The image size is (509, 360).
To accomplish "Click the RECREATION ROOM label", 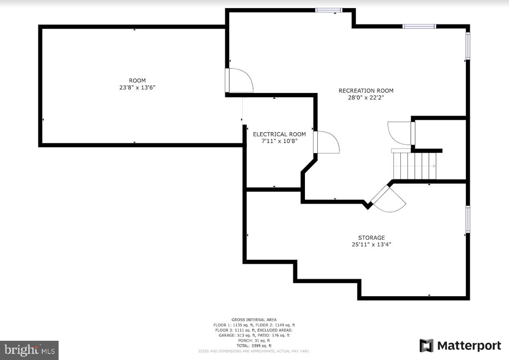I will click(366, 91).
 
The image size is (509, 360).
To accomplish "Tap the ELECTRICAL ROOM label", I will click(279, 134).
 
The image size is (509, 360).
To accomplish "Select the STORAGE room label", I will click(371, 238).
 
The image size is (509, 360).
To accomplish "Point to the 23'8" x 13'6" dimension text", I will click(137, 87).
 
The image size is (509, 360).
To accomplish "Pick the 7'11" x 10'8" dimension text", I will click(279, 141).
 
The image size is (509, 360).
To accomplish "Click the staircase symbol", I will click(414, 165).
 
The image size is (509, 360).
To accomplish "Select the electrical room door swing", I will click(327, 142).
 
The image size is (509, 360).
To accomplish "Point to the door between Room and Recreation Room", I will click(240, 81).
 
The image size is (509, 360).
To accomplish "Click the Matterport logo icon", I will click(426, 346).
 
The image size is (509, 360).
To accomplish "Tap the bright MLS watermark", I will click(29, 350).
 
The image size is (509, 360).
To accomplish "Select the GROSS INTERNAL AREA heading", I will click(254, 320).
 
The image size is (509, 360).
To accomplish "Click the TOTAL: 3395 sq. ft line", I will click(254, 346).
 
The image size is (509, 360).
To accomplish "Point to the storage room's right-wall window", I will click(468, 220).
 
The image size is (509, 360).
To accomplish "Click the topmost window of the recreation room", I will click(328, 10).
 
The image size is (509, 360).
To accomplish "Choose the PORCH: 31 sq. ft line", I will click(254, 340).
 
